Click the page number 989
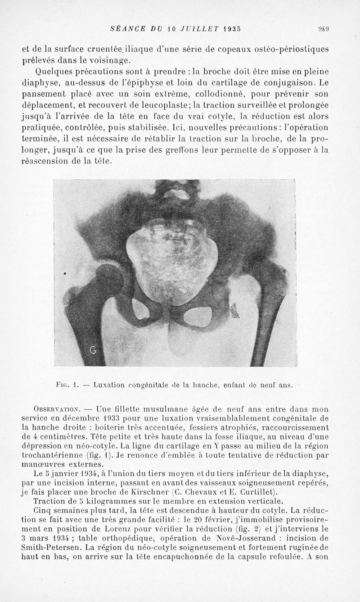pos(323,29)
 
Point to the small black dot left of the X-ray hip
pos(65,273)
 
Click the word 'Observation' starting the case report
pos(57,409)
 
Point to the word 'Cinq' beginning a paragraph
pos(43,510)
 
